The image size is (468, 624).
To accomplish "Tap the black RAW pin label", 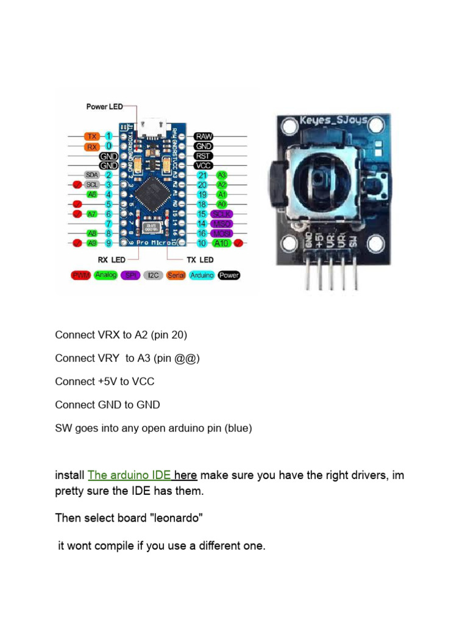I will (x=203, y=136).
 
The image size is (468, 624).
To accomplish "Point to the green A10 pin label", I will (x=221, y=243).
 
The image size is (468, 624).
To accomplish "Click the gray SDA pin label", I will (x=92, y=175).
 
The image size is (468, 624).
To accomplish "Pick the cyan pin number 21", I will (x=202, y=175).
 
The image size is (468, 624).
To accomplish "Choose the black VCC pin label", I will (x=203, y=165).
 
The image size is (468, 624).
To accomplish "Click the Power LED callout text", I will (x=104, y=107).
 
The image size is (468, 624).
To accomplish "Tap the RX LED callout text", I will (x=110, y=260).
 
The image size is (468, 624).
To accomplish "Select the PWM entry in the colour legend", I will (x=81, y=275).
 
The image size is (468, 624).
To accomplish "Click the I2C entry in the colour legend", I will (x=153, y=275).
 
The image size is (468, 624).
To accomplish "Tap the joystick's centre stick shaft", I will (x=322, y=180).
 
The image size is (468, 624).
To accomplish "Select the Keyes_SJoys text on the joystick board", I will (x=333, y=120).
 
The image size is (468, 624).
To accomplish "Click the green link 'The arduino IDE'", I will (x=129, y=475).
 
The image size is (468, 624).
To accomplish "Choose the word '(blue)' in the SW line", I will (x=238, y=428).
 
